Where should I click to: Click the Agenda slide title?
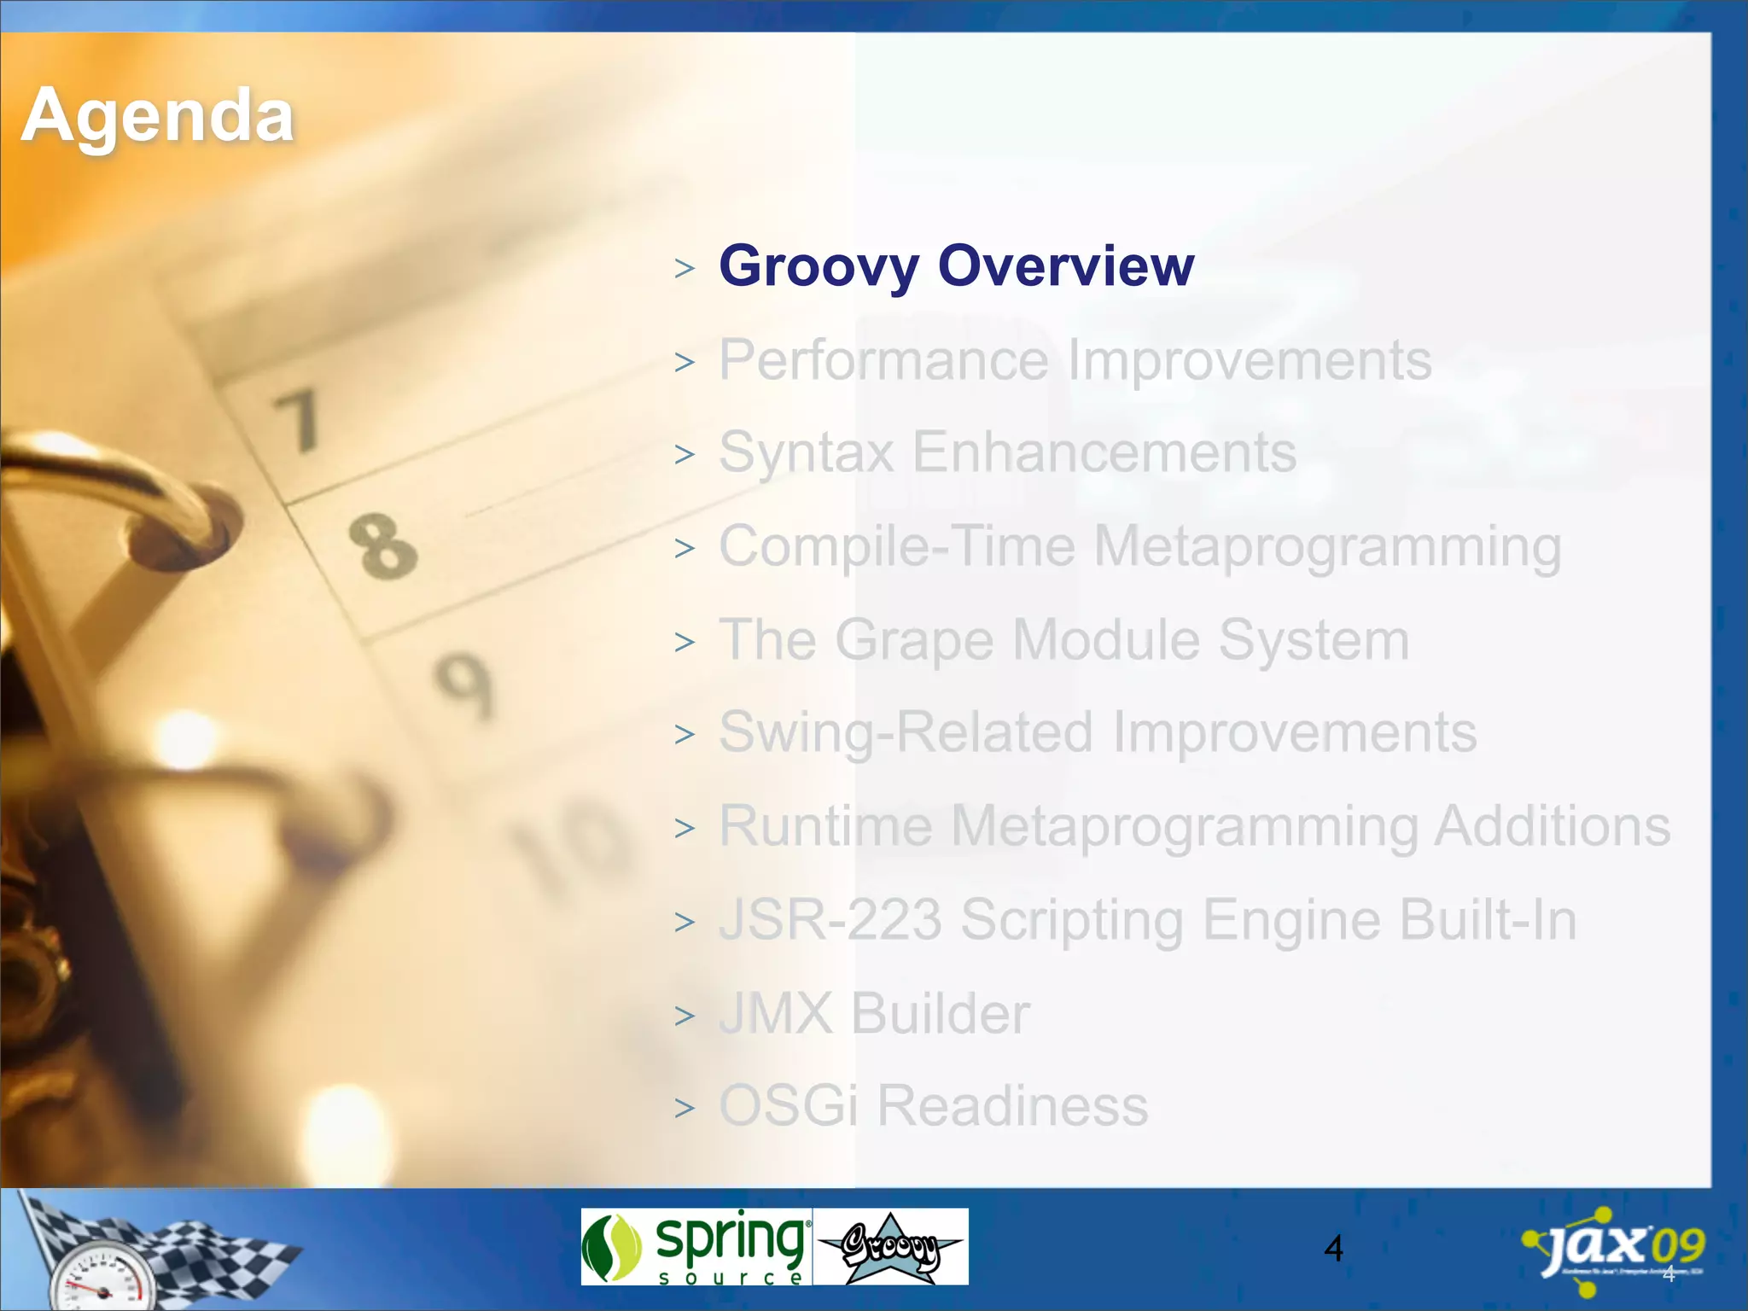coord(158,116)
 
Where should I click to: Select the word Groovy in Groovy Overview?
coord(819,266)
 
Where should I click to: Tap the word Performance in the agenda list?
coord(883,360)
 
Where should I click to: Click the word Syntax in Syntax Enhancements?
coord(806,452)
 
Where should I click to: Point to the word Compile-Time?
coord(896,546)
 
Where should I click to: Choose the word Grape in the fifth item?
coord(914,640)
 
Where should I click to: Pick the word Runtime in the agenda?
coord(825,826)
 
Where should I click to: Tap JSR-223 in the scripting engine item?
coord(830,920)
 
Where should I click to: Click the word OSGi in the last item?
coord(788,1106)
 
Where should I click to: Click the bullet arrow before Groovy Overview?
coord(685,269)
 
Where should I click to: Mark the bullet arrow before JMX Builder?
coord(685,1017)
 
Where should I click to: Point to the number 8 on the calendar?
coord(382,545)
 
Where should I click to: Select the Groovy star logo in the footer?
coord(890,1247)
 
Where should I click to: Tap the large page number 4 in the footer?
coord(1333,1249)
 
